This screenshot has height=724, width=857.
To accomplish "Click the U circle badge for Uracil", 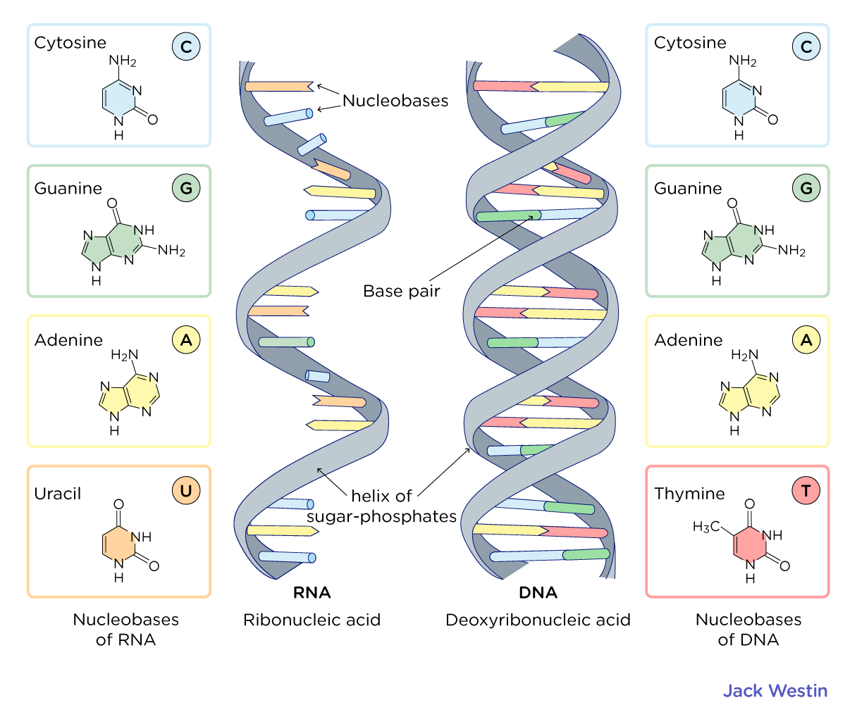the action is coord(186,491).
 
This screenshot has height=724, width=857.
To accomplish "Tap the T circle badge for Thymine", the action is coord(806,491).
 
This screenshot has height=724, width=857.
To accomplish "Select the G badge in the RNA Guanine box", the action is coord(186,188).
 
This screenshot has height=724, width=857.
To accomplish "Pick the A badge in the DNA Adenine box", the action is coord(806,340).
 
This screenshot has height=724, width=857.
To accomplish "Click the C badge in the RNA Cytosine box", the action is coord(186,46).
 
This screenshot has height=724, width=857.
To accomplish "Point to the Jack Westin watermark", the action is coord(775,691).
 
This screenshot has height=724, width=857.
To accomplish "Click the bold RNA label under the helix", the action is coord(312,592).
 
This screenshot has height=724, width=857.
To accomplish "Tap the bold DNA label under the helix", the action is coord(538,592).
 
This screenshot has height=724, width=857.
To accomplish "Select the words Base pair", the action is coord(401,292).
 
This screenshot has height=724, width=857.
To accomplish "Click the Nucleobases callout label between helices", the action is coord(395,101).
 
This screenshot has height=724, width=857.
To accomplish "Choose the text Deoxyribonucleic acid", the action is coord(538,620).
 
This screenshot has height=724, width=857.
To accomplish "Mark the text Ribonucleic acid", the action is coord(312,620).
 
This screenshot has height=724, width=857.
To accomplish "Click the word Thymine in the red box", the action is coord(689,494).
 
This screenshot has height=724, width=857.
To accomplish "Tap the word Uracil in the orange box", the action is coord(58,494).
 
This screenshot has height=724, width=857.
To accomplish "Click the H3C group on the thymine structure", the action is coord(706,527).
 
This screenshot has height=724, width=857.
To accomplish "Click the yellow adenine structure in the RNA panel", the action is coord(128,393).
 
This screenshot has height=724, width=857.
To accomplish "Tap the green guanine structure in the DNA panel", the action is coord(733,243).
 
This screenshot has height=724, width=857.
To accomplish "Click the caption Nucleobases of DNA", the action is coord(748,630).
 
